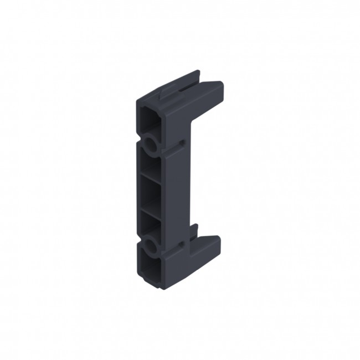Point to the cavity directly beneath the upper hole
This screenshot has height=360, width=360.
(151, 164)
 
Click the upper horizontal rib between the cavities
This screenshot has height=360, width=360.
(151, 177)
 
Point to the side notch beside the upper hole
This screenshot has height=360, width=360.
(182, 142)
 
